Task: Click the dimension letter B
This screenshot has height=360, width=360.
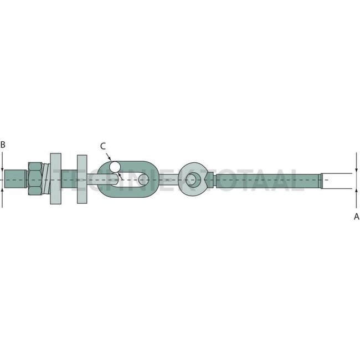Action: pos(3,145)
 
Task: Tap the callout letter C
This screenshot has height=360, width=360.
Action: pos(103,146)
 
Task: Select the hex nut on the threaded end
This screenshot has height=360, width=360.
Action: pos(35,178)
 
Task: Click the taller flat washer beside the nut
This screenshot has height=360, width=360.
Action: pos(56,178)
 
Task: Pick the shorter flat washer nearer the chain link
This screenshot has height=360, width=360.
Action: pos(82,178)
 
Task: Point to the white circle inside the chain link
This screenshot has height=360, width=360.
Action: pos(115,166)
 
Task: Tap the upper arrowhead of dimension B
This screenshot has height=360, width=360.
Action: pos(3,168)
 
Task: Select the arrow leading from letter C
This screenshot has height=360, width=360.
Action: pos(110,157)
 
